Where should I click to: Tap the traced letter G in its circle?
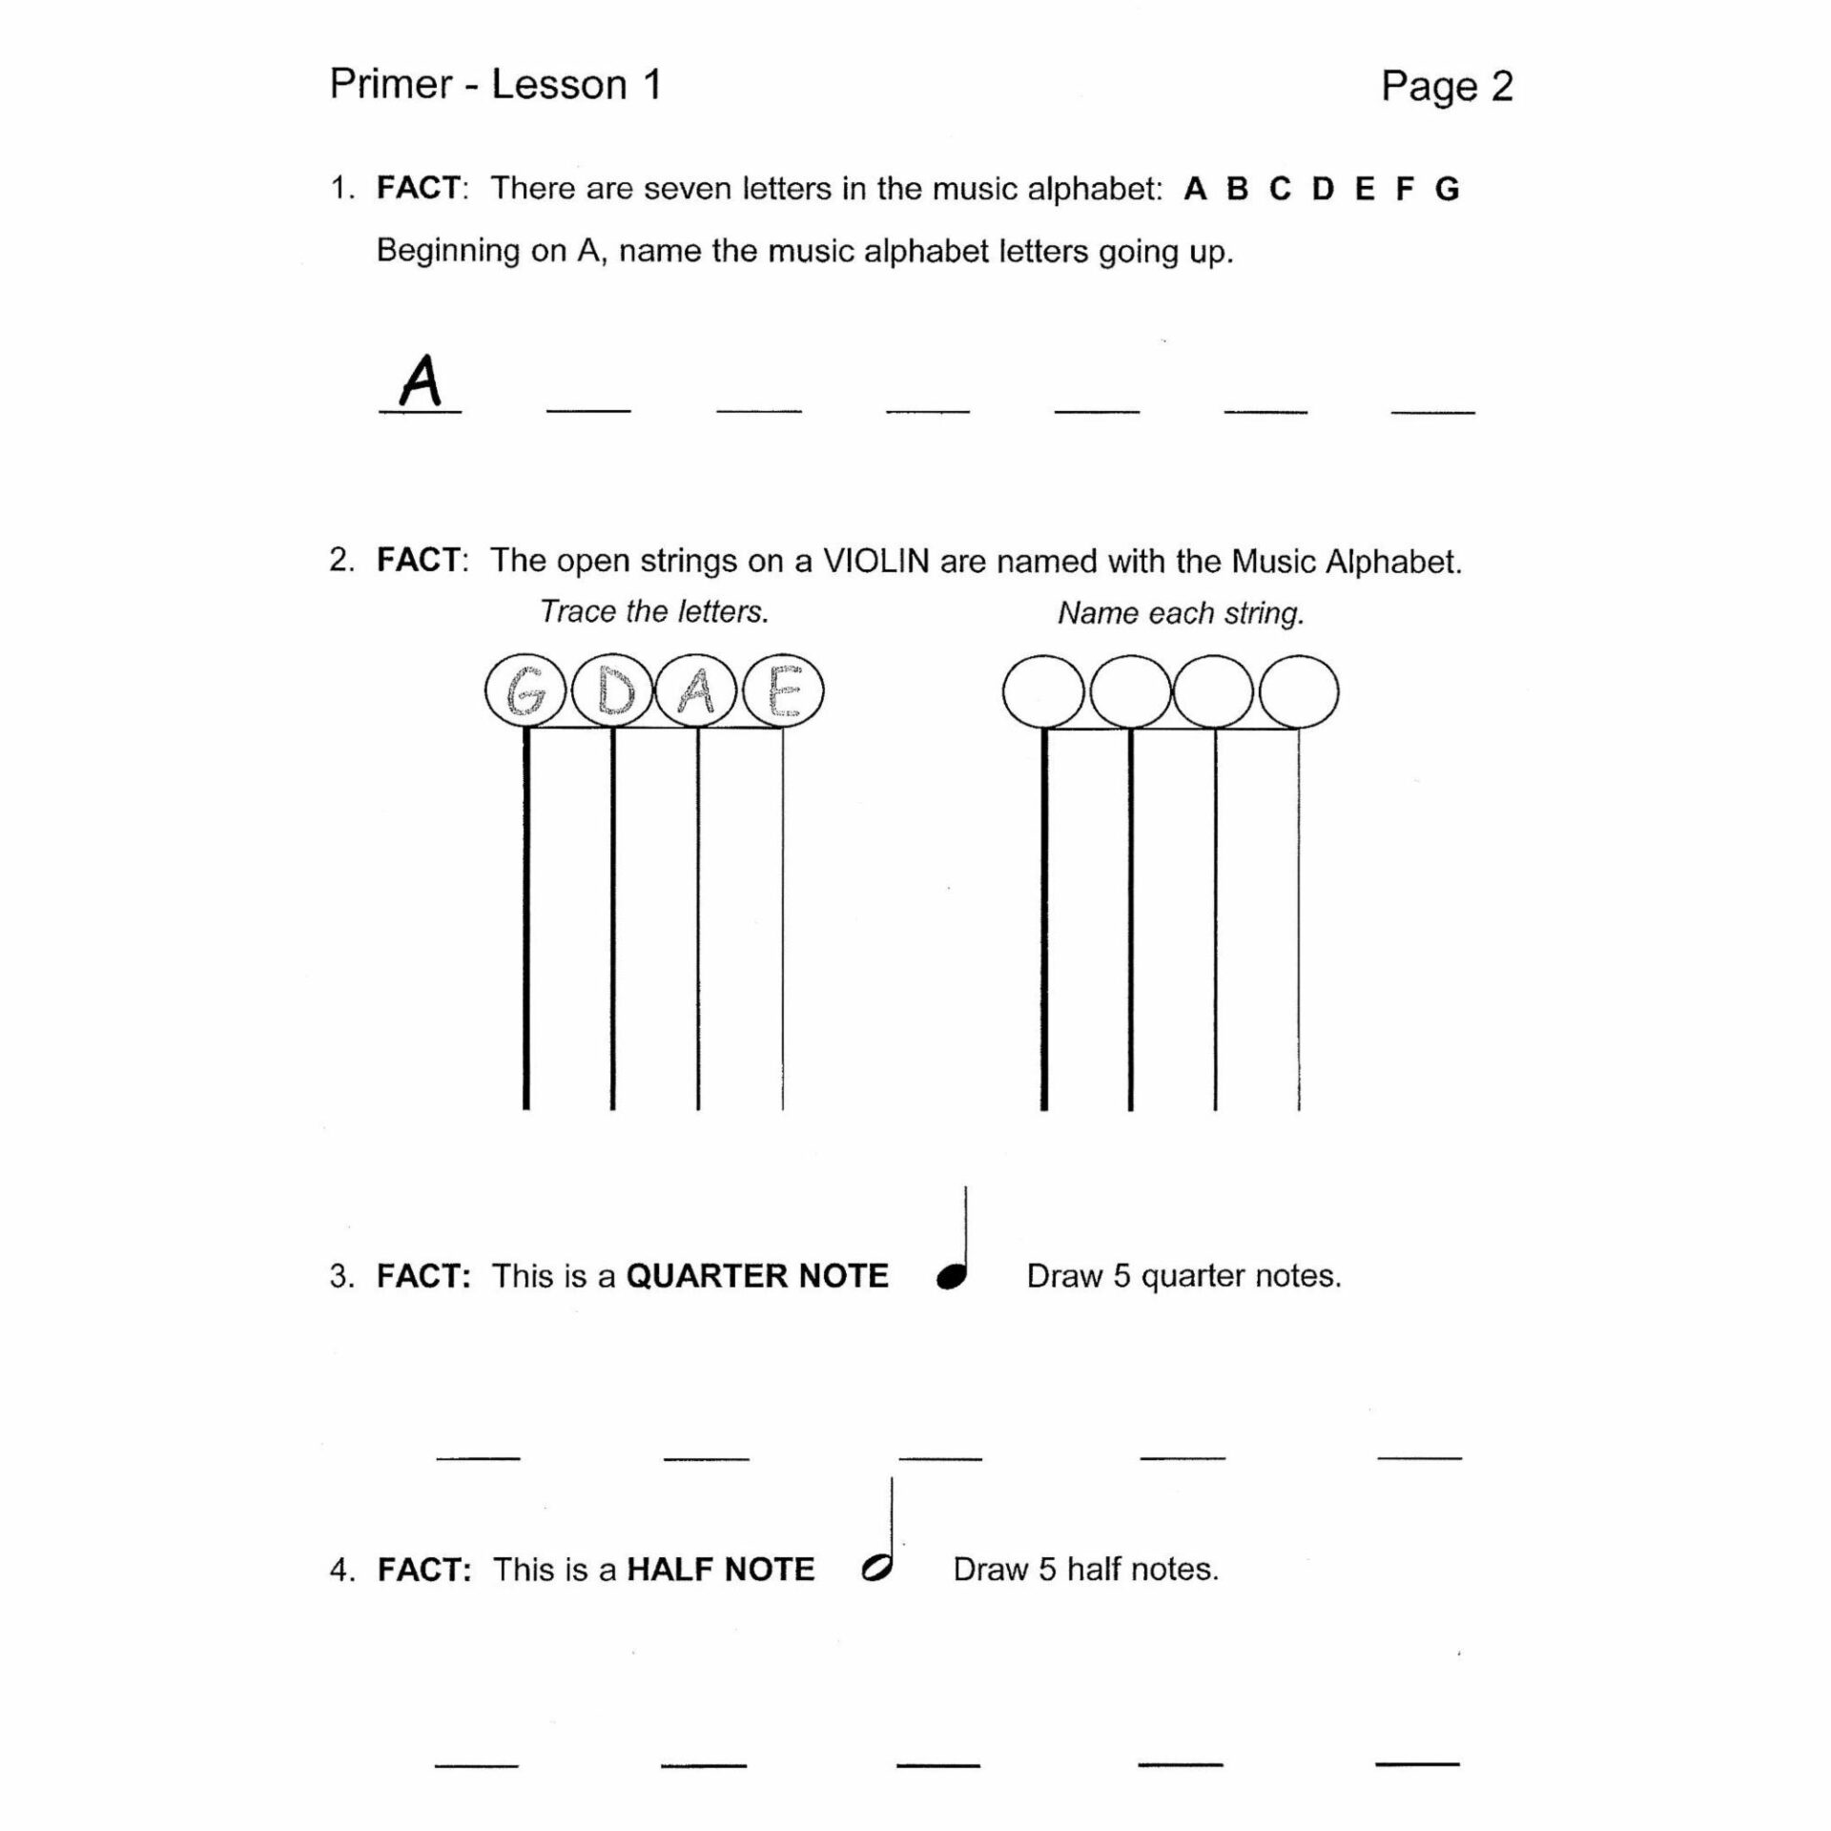click(525, 691)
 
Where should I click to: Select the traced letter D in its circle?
click(612, 691)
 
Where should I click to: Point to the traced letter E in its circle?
click(783, 691)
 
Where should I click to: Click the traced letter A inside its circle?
click(697, 691)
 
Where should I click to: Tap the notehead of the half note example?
click(875, 1569)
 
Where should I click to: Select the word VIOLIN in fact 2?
click(875, 561)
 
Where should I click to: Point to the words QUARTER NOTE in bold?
click(756, 1276)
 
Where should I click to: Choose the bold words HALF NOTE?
click(720, 1570)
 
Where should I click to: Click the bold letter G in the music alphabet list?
click(1447, 190)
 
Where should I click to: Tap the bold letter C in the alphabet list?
click(1280, 190)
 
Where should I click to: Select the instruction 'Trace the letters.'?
click(654, 611)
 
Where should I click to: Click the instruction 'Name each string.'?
click(1181, 612)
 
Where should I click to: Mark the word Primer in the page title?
click(391, 85)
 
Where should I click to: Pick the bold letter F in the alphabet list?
click(1404, 190)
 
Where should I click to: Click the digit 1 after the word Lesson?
click(652, 85)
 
